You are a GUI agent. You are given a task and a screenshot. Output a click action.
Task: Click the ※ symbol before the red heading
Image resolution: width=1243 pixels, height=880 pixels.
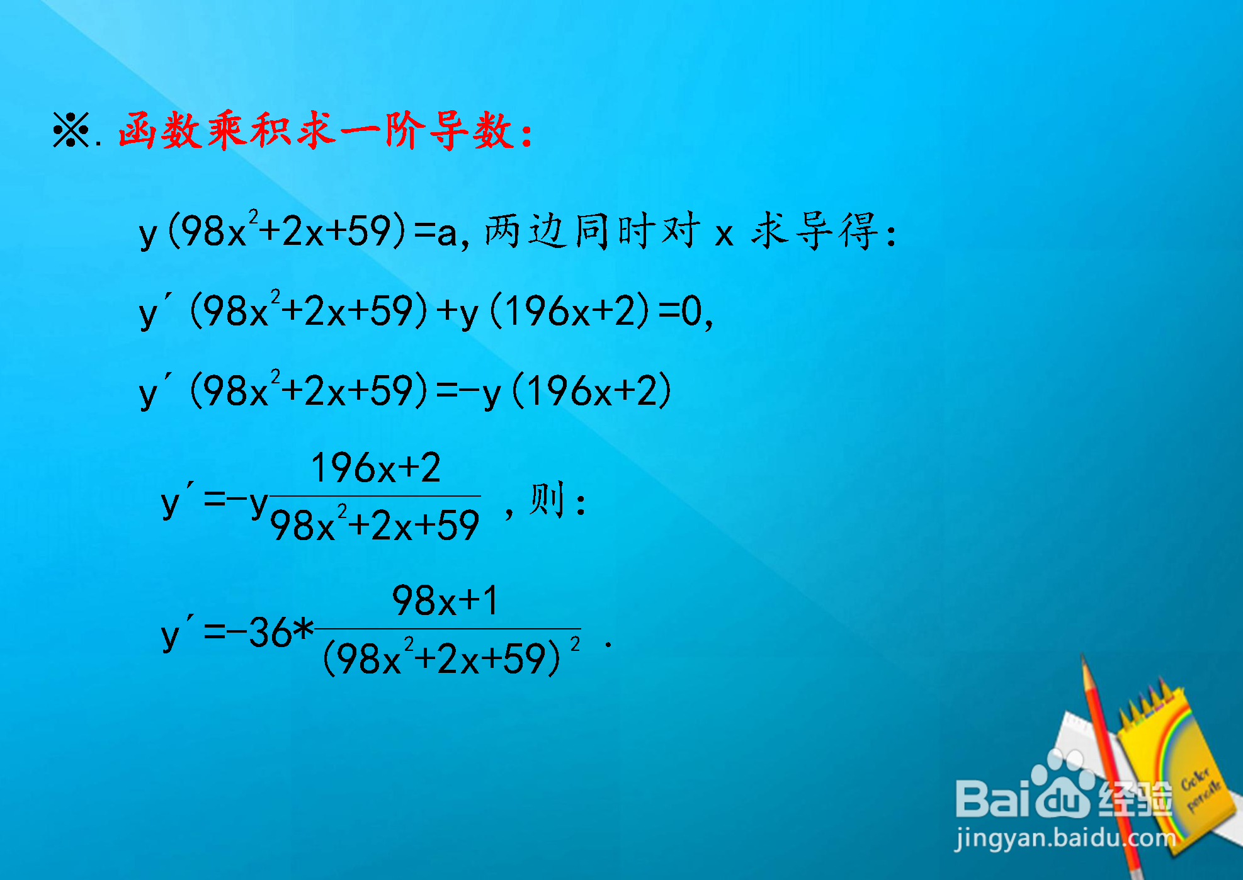click(71, 130)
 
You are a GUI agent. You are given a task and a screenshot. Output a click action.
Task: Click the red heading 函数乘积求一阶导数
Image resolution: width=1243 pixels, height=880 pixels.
click(325, 131)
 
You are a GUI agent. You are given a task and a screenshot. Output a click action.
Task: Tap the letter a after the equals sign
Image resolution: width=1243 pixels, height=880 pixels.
click(446, 233)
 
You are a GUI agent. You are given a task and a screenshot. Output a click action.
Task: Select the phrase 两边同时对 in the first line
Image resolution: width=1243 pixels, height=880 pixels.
click(593, 230)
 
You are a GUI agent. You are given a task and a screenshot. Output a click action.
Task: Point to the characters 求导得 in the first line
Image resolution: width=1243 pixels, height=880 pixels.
click(817, 230)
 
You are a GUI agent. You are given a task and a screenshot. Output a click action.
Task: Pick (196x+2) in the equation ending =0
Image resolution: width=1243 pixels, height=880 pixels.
click(569, 311)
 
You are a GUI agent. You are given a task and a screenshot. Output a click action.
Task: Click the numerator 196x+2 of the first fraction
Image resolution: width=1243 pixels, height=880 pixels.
click(376, 468)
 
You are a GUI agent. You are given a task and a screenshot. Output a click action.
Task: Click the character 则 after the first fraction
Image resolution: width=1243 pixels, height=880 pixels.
click(546, 500)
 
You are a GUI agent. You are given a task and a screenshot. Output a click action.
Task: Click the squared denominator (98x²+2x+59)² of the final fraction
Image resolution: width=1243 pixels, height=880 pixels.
click(451, 657)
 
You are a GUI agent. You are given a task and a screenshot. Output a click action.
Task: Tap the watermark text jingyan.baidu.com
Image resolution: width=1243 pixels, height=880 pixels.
click(1065, 839)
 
